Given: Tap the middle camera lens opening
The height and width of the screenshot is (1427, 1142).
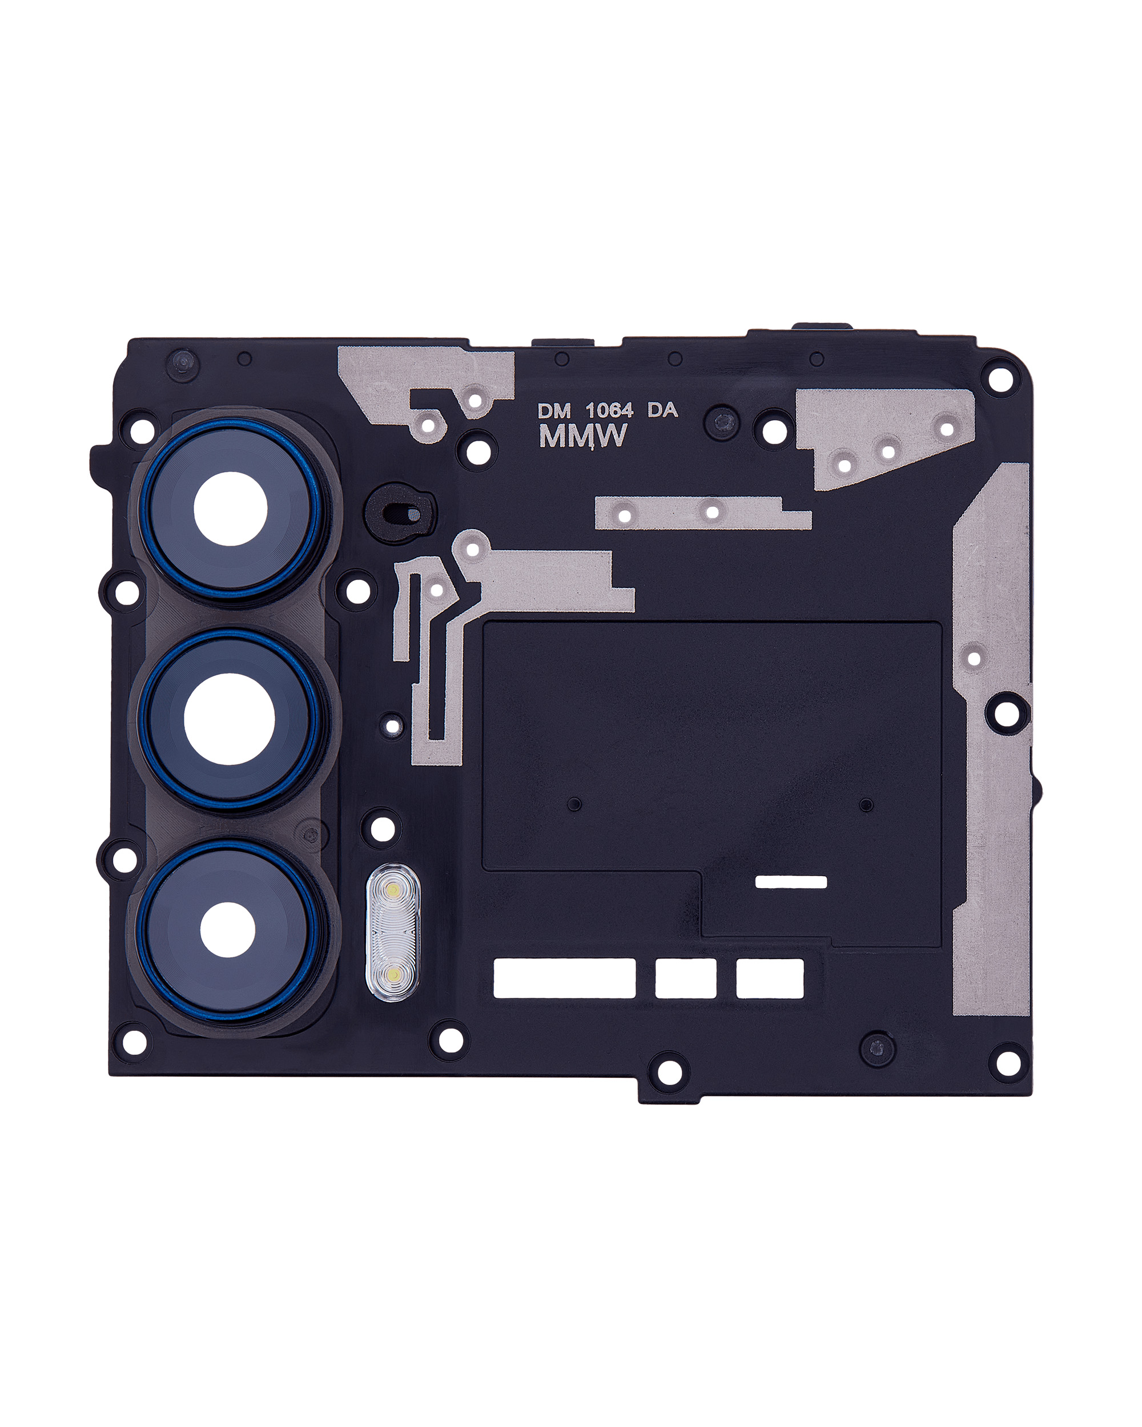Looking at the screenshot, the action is pos(229,719).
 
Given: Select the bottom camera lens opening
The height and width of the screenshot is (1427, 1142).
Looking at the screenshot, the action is pos(228,929).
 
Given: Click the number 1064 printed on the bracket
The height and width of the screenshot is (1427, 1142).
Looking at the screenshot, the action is pos(609,410).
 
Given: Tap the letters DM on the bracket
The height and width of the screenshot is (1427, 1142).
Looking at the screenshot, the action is pos(553,411).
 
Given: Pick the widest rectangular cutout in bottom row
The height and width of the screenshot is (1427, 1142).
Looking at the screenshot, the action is pos(565,978).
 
